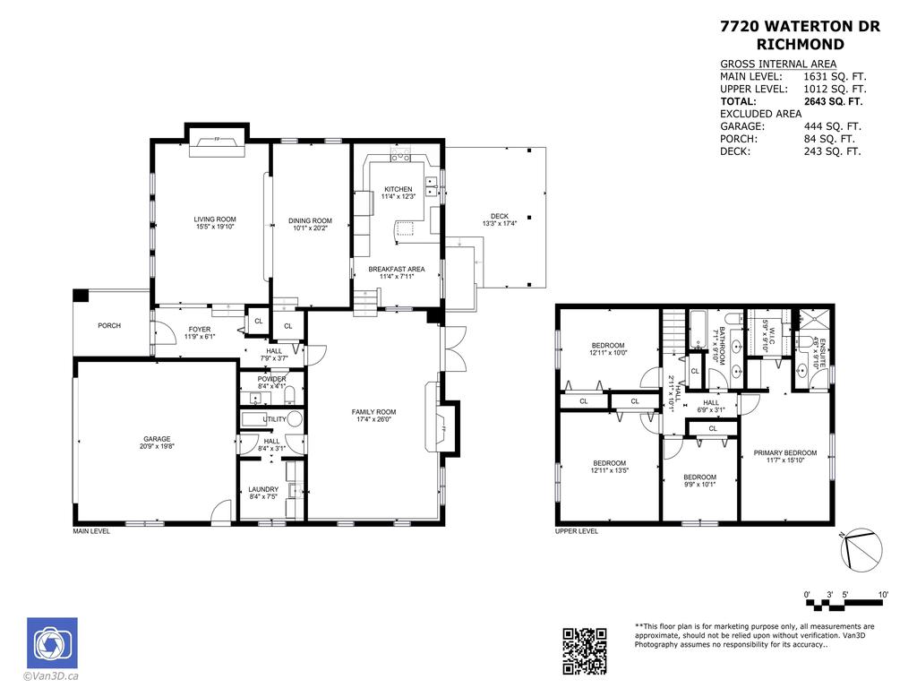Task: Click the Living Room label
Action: pyautogui.click(x=215, y=219)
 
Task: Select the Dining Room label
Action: pyautogui.click(x=310, y=221)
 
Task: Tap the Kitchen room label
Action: pyautogui.click(x=399, y=190)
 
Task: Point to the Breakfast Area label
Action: pyautogui.click(x=396, y=269)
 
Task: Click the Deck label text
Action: pyautogui.click(x=499, y=216)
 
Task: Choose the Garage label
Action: pyautogui.click(x=157, y=439)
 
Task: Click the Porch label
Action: pyautogui.click(x=109, y=325)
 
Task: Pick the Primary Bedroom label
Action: pyautogui.click(x=784, y=453)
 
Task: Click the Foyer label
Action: pyautogui.click(x=198, y=330)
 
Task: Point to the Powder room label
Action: pyautogui.click(x=271, y=379)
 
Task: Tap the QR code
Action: pyautogui.click(x=584, y=650)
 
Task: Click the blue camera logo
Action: pyautogui.click(x=52, y=642)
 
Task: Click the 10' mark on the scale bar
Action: pyautogui.click(x=883, y=595)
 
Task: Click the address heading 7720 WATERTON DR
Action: pyautogui.click(x=800, y=27)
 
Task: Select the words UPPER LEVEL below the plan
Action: pyautogui.click(x=577, y=531)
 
